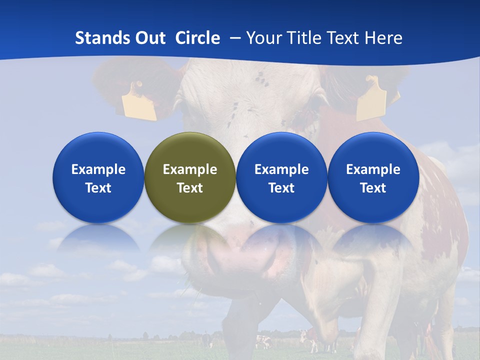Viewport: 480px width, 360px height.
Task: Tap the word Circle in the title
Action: [x=197, y=38]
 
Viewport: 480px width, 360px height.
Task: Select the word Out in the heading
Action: [x=150, y=38]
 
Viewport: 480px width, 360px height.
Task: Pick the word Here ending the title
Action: [x=383, y=38]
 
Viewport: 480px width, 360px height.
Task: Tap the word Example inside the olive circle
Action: [x=190, y=169]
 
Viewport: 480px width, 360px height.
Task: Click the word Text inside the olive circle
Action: [x=190, y=188]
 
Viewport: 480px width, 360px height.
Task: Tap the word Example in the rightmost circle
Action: [x=373, y=169]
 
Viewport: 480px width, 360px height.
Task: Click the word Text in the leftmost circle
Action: [x=98, y=188]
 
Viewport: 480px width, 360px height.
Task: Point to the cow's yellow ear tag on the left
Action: [x=138, y=102]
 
